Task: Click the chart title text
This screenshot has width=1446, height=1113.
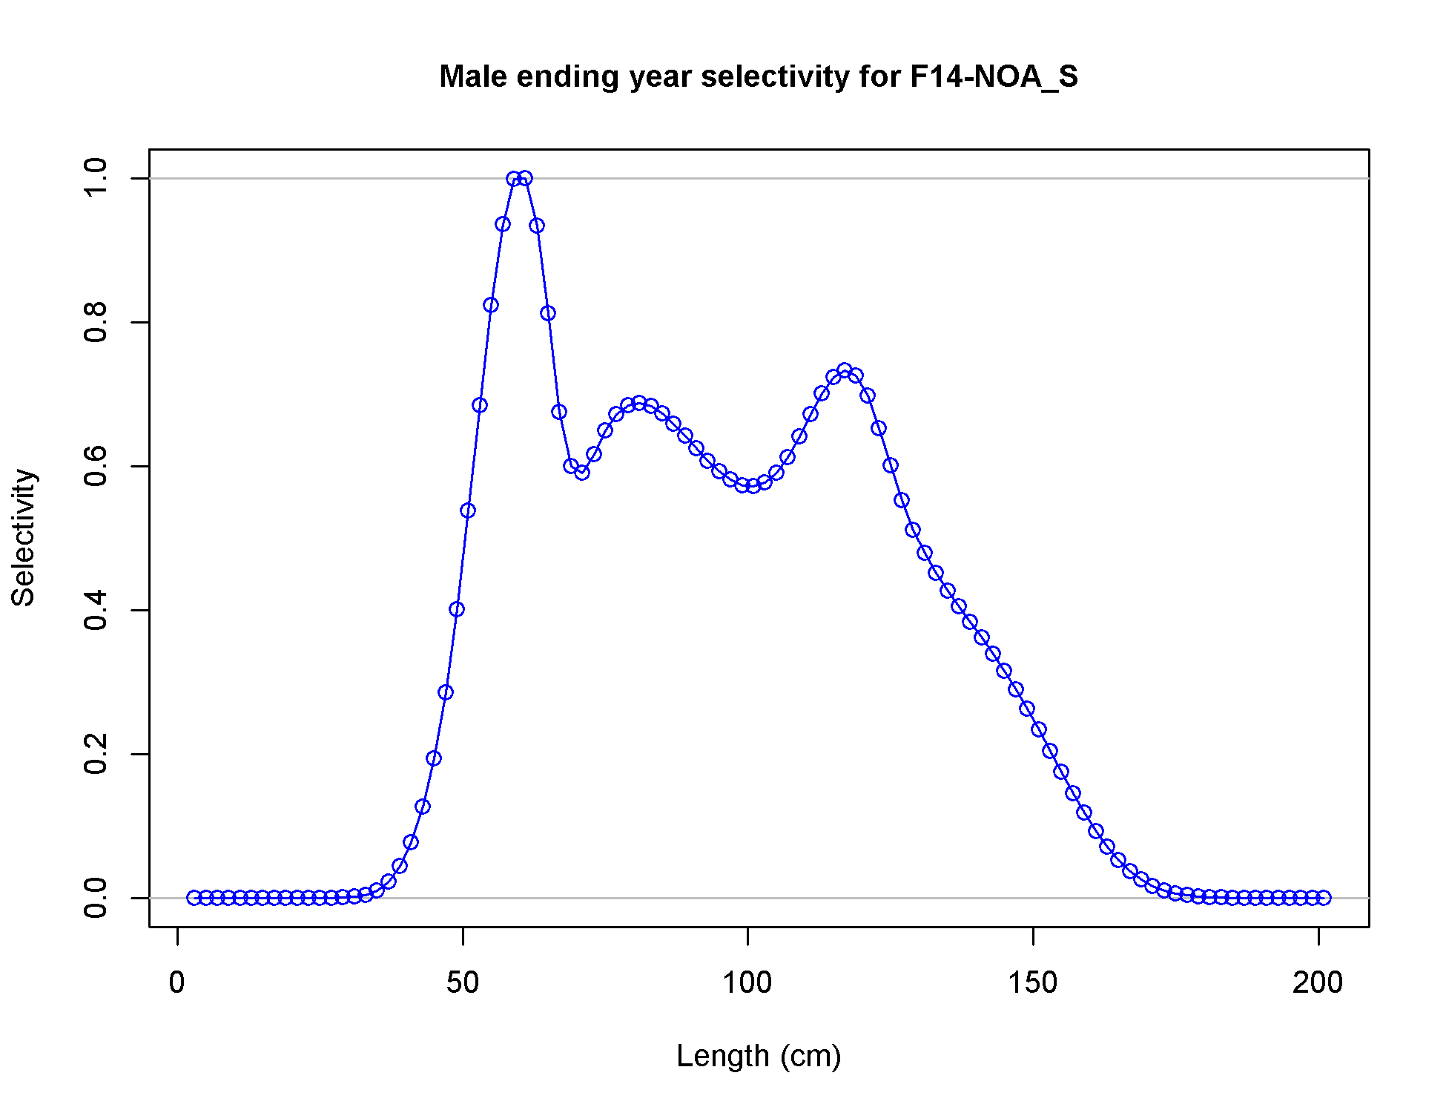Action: (x=759, y=76)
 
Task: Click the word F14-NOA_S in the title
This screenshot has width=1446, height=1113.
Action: (x=994, y=77)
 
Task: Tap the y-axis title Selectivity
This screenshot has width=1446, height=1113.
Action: (x=24, y=538)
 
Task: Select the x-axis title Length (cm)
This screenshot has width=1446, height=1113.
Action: (x=759, y=1056)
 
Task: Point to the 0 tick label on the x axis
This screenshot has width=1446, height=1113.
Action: (x=177, y=982)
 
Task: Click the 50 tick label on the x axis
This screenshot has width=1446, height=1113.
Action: (x=463, y=982)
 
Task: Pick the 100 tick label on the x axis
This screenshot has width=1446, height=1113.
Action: (x=747, y=982)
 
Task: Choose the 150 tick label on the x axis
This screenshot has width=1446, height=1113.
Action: (x=1033, y=982)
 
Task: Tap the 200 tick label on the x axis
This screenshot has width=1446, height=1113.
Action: (x=1318, y=982)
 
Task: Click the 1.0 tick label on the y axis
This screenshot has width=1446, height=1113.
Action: (x=96, y=178)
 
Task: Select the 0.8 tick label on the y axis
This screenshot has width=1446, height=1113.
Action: (x=96, y=322)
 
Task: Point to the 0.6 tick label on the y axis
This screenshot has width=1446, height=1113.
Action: (x=96, y=466)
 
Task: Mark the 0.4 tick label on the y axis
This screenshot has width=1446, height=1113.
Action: (x=96, y=610)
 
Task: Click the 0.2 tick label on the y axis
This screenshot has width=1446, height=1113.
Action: (x=96, y=754)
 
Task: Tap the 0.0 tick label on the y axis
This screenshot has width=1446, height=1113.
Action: (x=96, y=898)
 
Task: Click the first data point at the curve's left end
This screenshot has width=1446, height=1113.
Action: (x=194, y=898)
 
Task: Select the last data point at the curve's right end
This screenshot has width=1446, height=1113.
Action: (x=1324, y=898)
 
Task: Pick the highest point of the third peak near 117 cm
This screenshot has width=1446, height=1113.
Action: (x=845, y=370)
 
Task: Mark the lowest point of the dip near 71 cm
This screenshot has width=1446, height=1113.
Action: (x=582, y=473)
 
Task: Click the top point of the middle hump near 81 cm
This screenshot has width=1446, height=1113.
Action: (x=639, y=403)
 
